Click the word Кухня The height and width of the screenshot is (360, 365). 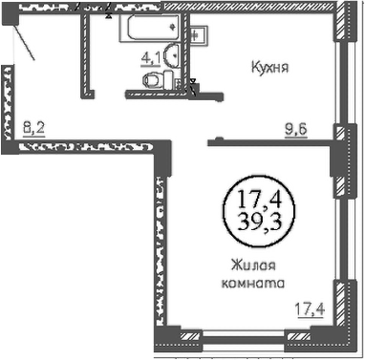click(269, 68)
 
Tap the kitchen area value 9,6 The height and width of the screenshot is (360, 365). click(296, 130)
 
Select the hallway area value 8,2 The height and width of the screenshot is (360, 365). click(34, 129)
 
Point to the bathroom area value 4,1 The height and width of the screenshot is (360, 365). click(151, 58)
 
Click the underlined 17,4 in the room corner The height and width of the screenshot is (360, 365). click(310, 309)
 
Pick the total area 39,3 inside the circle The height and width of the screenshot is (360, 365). click(260, 222)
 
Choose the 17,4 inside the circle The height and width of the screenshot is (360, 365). click(260, 200)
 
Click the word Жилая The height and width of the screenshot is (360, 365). click(253, 265)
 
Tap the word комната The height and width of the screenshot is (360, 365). click(252, 283)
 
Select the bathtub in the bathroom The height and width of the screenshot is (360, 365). click(150, 28)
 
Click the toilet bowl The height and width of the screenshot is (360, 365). click(153, 80)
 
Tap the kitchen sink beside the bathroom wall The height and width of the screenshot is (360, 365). click(199, 34)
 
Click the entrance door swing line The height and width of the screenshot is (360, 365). click(25, 43)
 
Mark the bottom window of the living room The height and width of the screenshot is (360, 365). click(244, 337)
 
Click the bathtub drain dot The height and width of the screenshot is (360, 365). click(173, 27)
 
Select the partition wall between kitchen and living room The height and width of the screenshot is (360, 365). click(270, 142)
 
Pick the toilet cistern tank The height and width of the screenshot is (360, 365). click(169, 80)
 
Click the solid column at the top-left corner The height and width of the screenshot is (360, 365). click(11, 15)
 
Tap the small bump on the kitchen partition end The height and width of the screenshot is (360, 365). click(219, 138)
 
